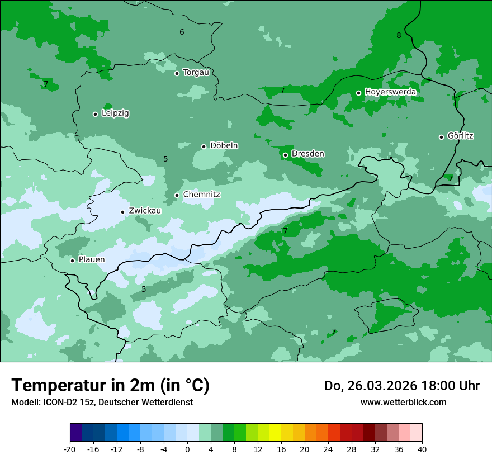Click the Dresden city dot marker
pos(285,155)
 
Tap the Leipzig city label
pos(115,113)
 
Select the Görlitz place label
pos(461,136)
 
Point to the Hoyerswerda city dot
pos(359,93)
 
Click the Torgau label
pos(196,73)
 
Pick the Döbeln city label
pos(224,146)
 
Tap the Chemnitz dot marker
pos(177,195)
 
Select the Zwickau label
pos(145,211)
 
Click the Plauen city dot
pos(72,261)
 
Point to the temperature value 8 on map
pos(399,36)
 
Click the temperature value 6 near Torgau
pos(182,32)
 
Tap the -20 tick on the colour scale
pos(70,449)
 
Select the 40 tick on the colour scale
pos(422,449)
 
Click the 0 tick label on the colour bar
pos(187,449)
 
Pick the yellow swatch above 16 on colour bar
pos(275,433)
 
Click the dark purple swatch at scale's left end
pos(76,433)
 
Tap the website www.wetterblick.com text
pos(403,403)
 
